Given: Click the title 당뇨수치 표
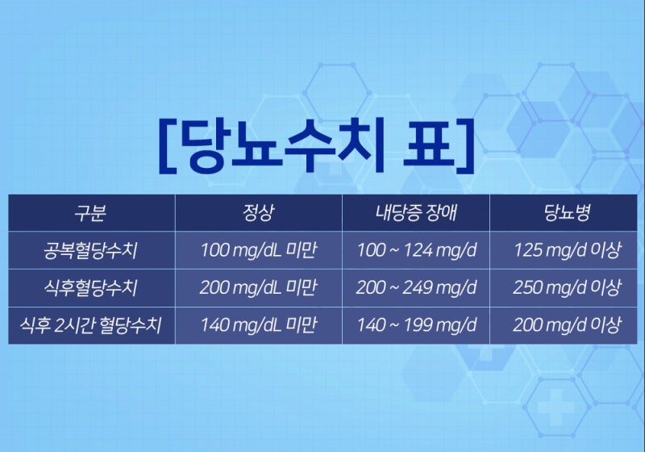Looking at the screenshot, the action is point(316,145).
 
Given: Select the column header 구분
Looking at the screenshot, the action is point(90,213).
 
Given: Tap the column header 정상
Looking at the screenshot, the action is point(258,213).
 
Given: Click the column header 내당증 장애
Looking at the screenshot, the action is point(416,213).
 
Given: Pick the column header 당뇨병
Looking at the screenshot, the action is point(568,213).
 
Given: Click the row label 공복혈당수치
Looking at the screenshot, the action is point(90,250).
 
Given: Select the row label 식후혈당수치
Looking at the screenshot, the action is point(90,288).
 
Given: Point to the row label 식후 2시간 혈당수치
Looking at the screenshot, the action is point(90,325).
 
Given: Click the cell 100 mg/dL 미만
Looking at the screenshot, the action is point(258,250).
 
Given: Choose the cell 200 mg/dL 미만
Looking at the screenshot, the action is point(258,288).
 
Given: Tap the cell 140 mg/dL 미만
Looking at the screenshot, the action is point(258,325).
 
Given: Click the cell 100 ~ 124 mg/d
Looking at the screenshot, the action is point(416,250).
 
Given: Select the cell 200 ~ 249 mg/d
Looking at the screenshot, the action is point(416,288).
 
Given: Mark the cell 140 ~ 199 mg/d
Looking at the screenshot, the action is point(416,325).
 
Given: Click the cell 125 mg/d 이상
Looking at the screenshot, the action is point(568,250).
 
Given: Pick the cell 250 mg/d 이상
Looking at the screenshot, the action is point(568,288).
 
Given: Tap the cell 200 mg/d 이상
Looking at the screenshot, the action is point(568,325).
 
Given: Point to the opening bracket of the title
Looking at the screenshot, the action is point(168,146).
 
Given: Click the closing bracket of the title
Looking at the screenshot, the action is point(465,146).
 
